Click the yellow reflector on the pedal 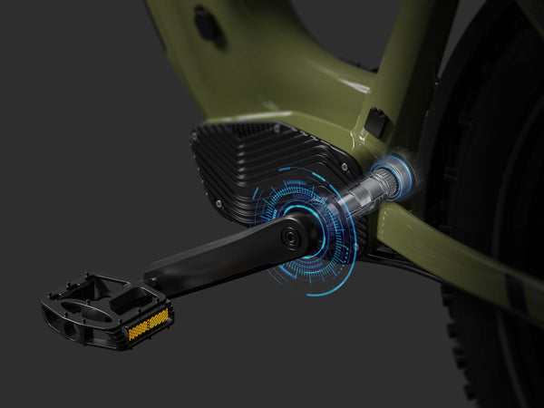(x=148, y=324)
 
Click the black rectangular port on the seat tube (x=377, y=123)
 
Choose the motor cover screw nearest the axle (x=345, y=165)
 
